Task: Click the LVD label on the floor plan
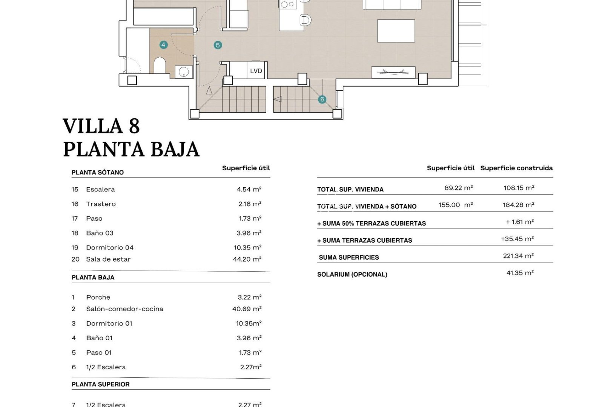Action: coord(256,71)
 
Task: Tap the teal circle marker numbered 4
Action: coord(163,44)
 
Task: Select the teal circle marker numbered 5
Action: coord(218,45)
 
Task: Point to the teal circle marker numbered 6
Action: coord(322,99)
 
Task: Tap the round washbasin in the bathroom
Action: coord(184,72)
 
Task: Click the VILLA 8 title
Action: coord(101,126)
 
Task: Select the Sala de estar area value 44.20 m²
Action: coord(247,259)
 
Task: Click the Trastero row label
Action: coord(101,204)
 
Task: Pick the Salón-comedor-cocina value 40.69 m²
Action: coord(247,309)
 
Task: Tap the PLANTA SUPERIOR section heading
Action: coord(101,384)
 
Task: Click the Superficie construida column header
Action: coord(516,168)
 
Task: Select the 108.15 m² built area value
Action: coord(519,188)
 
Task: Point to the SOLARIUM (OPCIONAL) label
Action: coord(352,274)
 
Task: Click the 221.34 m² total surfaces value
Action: coord(518,256)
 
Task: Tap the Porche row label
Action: coord(98,297)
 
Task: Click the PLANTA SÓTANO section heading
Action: coord(98,172)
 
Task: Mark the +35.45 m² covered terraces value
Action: coord(517,239)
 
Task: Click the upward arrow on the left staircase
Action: coord(209,90)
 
